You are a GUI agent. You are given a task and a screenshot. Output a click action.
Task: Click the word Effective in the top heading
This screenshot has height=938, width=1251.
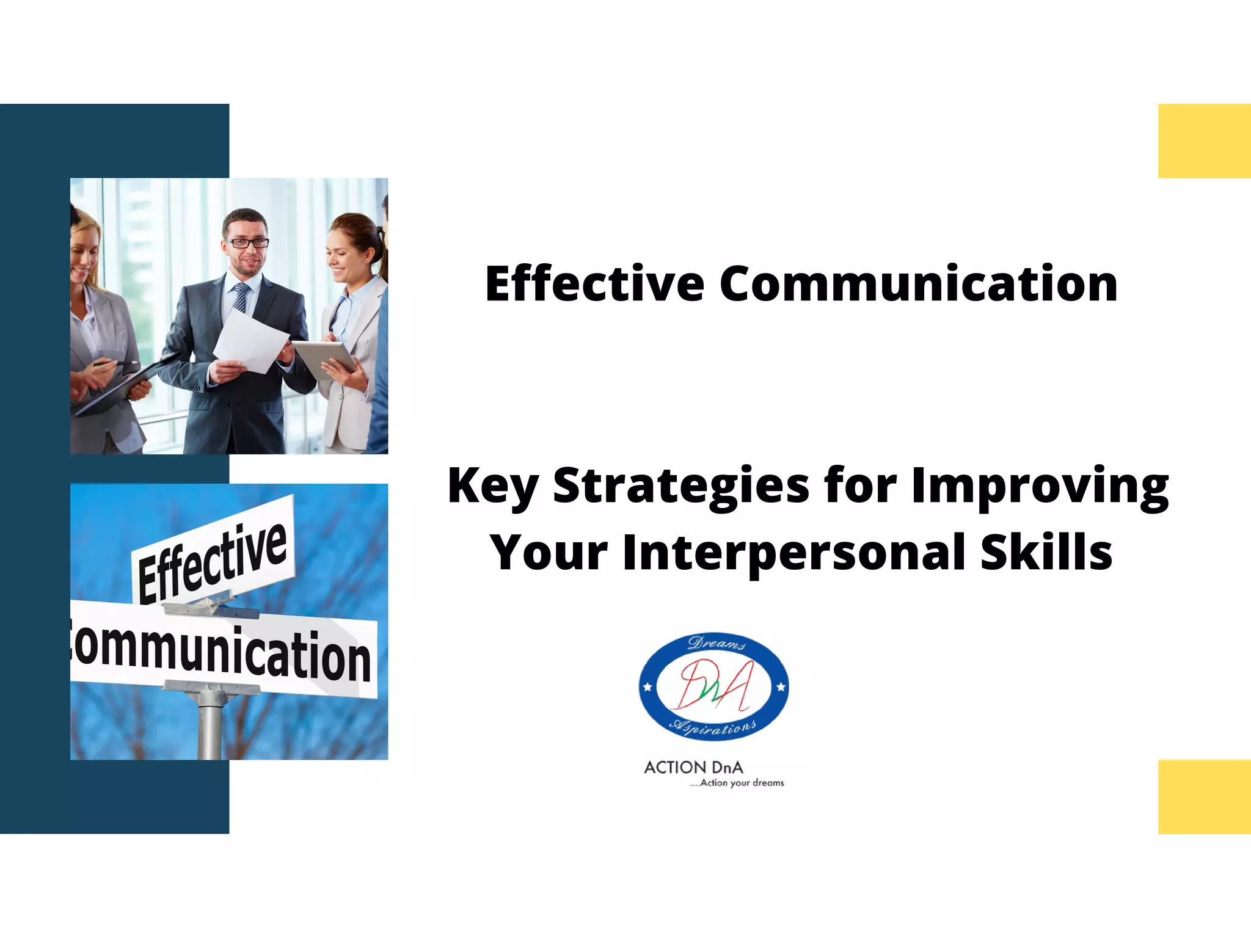coord(594,284)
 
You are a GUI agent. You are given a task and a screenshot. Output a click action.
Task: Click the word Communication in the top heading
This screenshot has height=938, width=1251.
coord(919,284)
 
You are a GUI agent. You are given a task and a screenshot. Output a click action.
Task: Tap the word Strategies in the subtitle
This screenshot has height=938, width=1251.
coord(680,486)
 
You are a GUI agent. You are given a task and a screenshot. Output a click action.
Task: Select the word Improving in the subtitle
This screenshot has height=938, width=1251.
coord(1040,486)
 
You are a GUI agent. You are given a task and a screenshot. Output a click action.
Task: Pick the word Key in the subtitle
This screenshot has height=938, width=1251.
coord(492,486)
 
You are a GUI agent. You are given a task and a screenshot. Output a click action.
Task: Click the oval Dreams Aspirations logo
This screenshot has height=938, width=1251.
coord(713,686)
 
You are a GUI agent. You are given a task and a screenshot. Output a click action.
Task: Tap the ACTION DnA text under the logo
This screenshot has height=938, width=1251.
coord(693,768)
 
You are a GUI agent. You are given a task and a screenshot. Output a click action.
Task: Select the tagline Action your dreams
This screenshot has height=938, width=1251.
coord(737,783)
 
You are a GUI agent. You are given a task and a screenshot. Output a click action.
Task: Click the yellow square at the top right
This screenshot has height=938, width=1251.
coord(1204,141)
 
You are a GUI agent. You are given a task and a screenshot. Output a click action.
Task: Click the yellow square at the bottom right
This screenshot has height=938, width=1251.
coord(1204,796)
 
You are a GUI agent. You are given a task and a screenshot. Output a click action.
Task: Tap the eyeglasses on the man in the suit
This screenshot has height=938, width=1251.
coord(247,242)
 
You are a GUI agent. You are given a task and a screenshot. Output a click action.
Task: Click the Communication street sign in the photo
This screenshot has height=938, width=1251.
coord(223,650)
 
